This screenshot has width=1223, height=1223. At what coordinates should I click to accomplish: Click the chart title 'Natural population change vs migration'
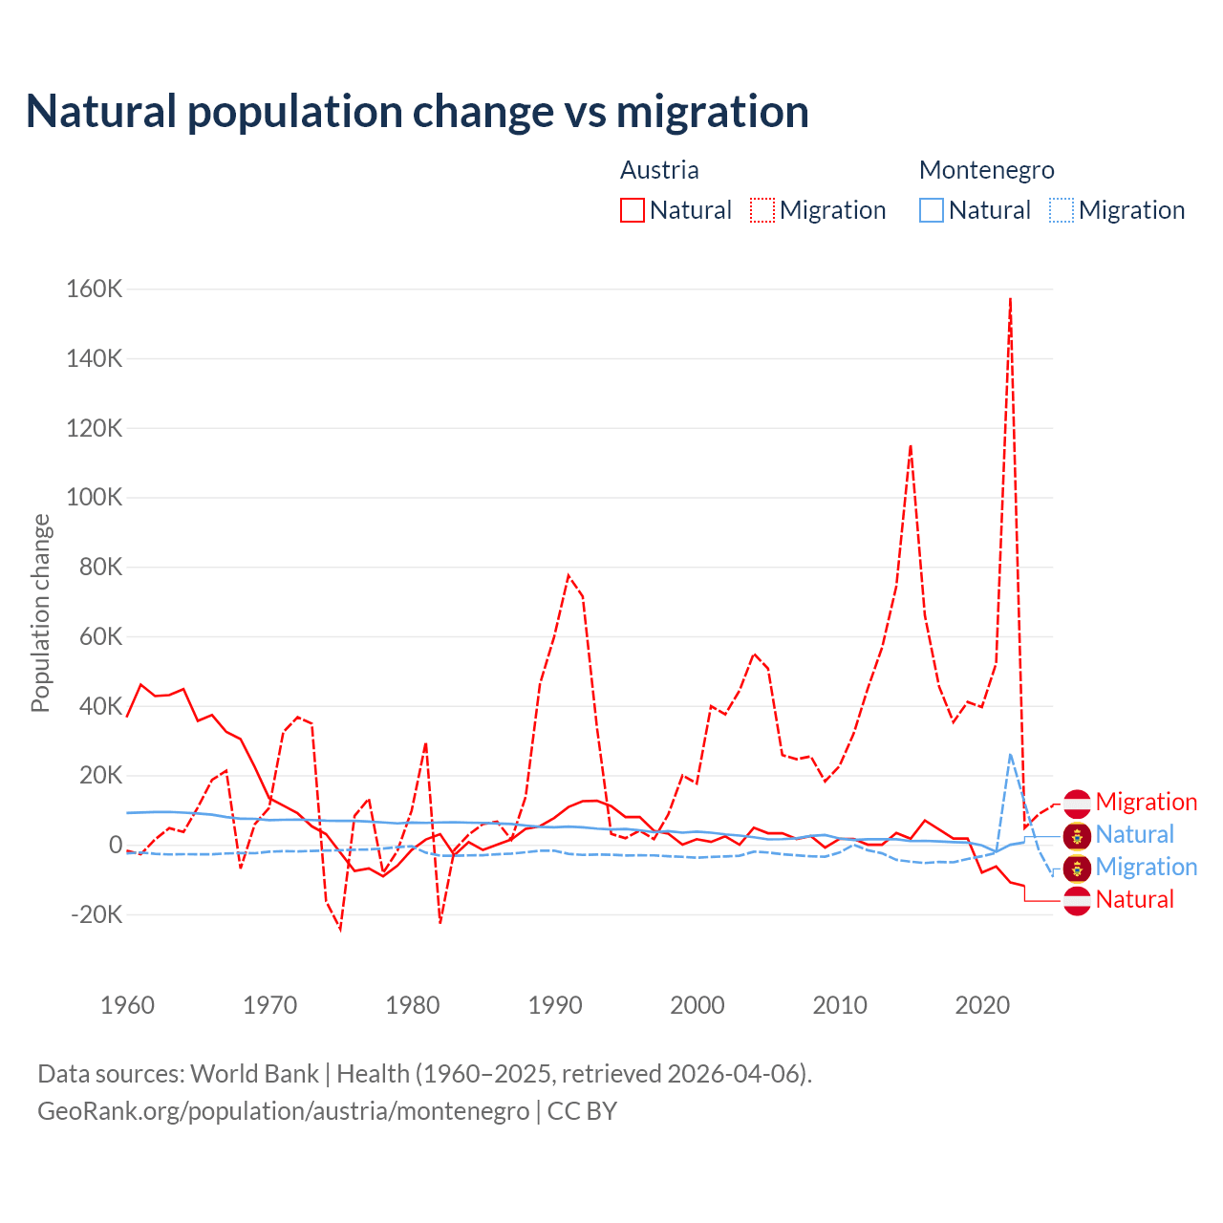coord(418,112)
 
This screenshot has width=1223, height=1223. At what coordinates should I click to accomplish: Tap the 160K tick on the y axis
coord(95,289)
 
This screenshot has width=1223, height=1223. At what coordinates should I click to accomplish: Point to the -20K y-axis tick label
coord(97,914)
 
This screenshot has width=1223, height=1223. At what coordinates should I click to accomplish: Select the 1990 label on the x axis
coord(555,1005)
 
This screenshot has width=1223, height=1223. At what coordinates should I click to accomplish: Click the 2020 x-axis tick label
coord(982,1005)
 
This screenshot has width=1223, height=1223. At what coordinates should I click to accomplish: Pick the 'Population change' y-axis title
coord(40,612)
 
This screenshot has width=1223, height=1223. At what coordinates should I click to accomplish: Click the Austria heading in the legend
coord(659,170)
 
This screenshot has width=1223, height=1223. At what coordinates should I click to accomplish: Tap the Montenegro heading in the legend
coord(986,170)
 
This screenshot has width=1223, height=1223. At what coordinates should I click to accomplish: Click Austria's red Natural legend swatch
coord(633,210)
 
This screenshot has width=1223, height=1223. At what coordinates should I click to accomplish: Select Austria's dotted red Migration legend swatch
coord(762,210)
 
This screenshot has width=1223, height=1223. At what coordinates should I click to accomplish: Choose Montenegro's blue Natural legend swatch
coord(932,210)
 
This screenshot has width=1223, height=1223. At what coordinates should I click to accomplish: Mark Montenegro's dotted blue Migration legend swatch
coord(1062,210)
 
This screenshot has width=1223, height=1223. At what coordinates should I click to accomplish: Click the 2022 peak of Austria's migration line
coord(1010,299)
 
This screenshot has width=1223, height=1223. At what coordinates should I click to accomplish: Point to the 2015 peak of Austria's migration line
coord(911,445)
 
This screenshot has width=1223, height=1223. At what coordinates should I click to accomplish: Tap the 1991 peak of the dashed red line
coord(569,575)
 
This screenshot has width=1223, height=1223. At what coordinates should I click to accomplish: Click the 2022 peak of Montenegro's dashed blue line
coord(1010,755)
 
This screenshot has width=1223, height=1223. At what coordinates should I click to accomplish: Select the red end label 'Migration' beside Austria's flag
coord(1146,802)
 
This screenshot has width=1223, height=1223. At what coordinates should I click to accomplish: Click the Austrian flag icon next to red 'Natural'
coord(1077,899)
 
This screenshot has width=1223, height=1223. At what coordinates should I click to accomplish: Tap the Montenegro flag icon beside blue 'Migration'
coord(1077,867)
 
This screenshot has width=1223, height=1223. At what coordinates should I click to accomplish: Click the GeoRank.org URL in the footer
coord(284,1111)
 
